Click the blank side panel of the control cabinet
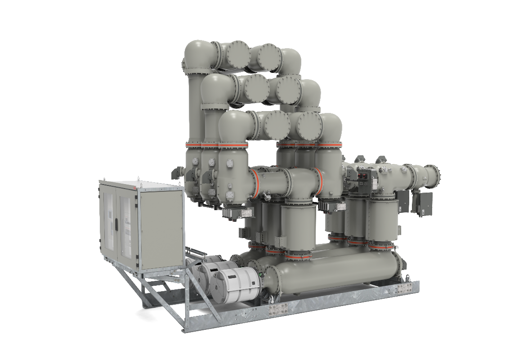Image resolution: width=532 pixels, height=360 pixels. tap(161, 229)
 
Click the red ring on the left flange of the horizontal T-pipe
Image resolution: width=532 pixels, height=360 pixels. tap(254, 183)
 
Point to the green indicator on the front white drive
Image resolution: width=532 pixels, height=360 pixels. tap(261, 273)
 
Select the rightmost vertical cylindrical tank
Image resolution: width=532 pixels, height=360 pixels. tap(383, 220)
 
